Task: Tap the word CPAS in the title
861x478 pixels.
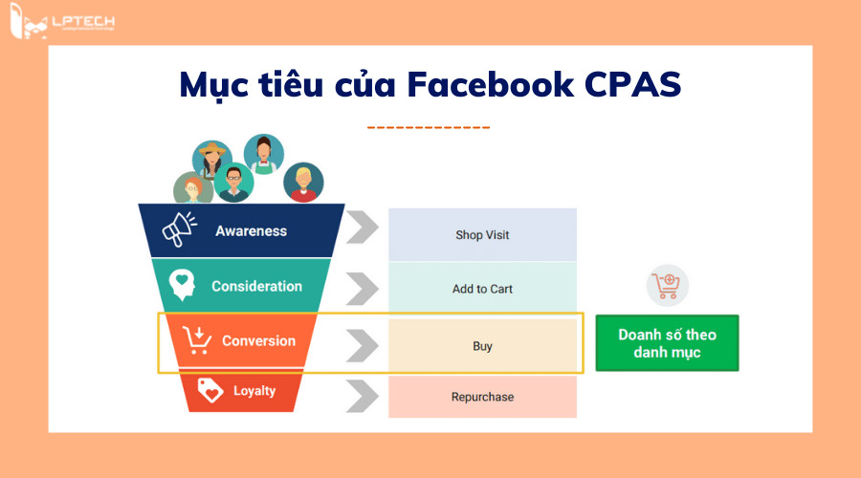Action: pos(632,85)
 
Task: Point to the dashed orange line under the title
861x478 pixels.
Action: pos(429,127)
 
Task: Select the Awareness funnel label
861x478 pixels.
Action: pos(251,231)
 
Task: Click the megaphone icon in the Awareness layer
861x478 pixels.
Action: pos(178,230)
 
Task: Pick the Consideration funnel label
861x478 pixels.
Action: pos(256,286)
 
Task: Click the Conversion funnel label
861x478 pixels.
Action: pos(258,340)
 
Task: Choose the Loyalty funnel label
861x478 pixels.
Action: pos(254,390)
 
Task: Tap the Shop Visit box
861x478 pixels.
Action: pos(482,234)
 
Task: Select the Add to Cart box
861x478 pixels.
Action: pos(482,289)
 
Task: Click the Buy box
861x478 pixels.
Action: pos(482,346)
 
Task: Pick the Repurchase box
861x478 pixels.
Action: pos(482,397)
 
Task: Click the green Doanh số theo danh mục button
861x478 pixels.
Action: pos(667,343)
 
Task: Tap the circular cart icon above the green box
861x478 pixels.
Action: pos(667,285)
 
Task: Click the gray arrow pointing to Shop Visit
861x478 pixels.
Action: pos(362,231)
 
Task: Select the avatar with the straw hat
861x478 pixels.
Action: pos(212,160)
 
